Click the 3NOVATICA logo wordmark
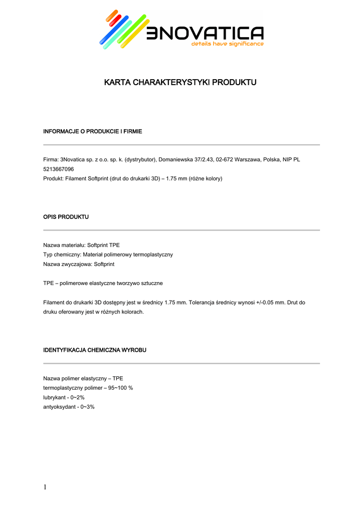pos(205,34)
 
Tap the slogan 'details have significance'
pos(227,44)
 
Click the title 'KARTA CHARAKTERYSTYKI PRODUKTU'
pos(180,82)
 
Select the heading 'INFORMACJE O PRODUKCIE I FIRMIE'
pos(93,131)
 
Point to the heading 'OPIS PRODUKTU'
pos(66,217)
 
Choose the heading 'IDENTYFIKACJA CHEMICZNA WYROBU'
pos(95,350)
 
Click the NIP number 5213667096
pos(59,169)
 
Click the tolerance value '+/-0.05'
pos(261,303)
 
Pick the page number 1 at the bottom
pos(45,487)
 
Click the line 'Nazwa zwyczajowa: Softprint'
pos(79,264)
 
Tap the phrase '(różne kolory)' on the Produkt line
pos(206,178)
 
